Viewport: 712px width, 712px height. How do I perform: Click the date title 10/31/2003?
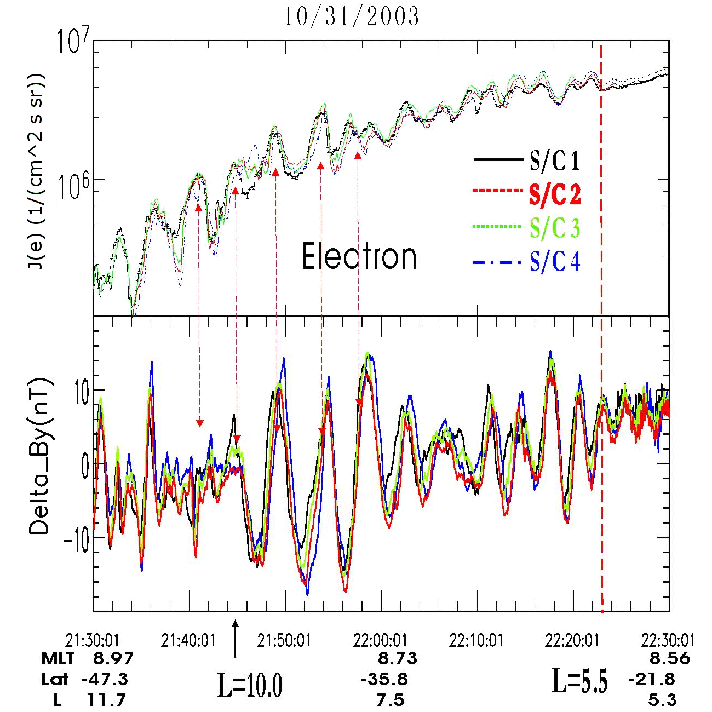(351, 17)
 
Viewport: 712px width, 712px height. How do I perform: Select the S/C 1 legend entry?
(554, 161)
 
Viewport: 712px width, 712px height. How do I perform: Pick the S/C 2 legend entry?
(554, 194)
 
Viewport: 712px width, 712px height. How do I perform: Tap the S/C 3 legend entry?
(554, 228)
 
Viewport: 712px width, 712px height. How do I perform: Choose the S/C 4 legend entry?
(554, 262)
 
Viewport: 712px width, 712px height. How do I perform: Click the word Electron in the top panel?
(359, 256)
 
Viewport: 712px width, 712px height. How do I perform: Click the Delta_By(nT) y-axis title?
(39, 456)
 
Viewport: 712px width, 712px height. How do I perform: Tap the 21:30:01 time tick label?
(92, 640)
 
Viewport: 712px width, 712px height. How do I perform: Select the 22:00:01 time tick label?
(380, 640)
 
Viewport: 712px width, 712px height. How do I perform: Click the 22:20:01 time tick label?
(572, 640)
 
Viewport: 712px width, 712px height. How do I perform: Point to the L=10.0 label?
(250, 685)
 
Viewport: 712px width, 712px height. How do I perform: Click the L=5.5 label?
(579, 681)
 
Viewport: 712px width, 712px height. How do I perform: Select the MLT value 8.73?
(398, 658)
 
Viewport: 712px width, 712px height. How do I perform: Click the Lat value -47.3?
(105, 679)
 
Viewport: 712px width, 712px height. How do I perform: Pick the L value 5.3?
(663, 699)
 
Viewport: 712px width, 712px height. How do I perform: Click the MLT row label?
(58, 658)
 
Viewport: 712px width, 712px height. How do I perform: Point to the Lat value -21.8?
(652, 680)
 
